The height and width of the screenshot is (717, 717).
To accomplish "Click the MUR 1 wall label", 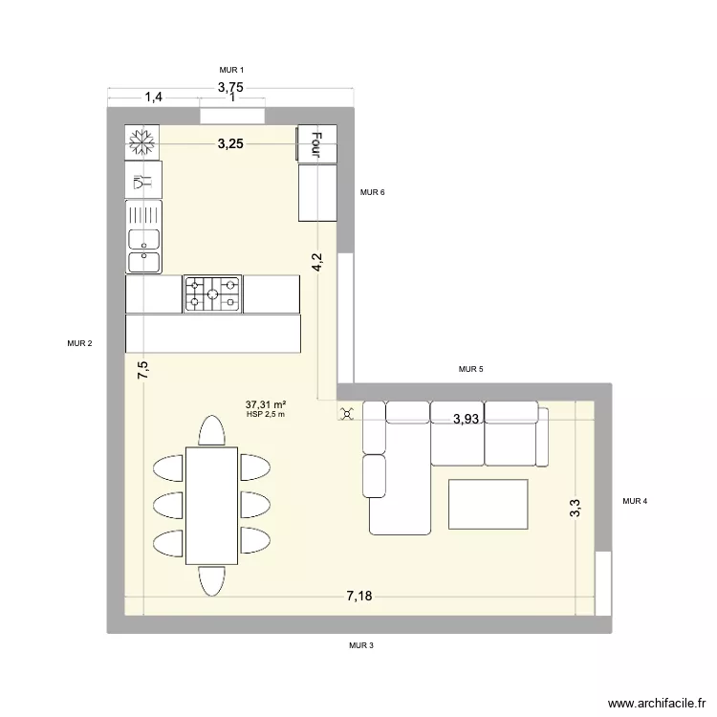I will [232, 71].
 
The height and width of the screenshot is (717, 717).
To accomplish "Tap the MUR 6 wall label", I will [373, 193].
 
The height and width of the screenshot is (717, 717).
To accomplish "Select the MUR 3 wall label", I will [361, 646].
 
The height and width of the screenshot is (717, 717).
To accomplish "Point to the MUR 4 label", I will [635, 501].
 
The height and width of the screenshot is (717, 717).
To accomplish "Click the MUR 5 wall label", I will [471, 369].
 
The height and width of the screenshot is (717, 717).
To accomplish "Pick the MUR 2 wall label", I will [79, 344].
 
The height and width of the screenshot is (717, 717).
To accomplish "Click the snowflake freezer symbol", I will [142, 142].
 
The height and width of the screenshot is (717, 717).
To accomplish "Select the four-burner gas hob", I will [211, 293].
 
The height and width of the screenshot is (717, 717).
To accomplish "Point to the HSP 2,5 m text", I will [266, 414].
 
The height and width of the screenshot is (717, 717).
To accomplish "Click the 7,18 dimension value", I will [359, 597].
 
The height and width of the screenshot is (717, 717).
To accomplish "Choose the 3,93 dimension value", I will [467, 419].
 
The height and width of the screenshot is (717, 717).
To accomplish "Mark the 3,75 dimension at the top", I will [230, 87].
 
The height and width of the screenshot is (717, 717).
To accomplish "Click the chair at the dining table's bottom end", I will [211, 579].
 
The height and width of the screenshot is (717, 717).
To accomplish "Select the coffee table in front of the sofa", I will [488, 504].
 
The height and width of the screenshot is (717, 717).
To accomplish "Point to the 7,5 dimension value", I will [142, 371].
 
